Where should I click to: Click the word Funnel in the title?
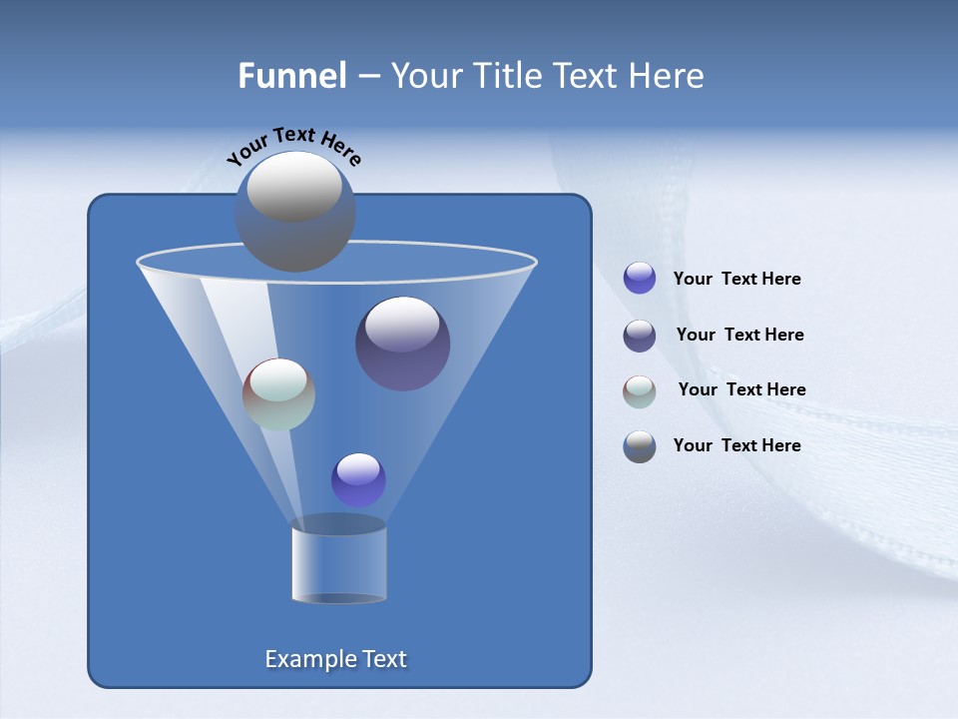(292, 75)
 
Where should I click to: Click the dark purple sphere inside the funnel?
(403, 344)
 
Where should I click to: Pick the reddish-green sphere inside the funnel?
(278, 394)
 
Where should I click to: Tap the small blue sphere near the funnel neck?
(358, 479)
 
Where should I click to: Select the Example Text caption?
(335, 659)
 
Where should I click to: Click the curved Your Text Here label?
(293, 145)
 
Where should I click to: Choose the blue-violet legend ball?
(640, 279)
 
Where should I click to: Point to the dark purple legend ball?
(640, 336)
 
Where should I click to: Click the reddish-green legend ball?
(640, 391)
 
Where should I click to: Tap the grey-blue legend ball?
(640, 446)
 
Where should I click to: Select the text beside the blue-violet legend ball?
(736, 279)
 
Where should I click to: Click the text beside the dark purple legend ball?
(739, 335)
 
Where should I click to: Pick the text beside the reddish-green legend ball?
(741, 389)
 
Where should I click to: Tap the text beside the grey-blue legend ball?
(736, 445)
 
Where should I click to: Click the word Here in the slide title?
(667, 75)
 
